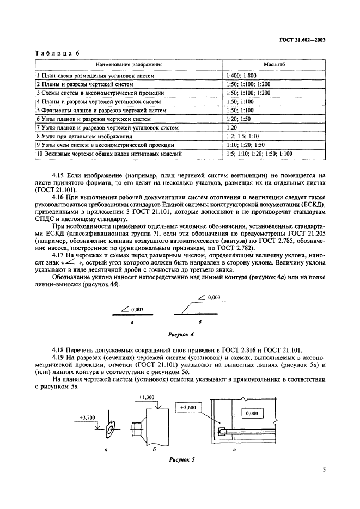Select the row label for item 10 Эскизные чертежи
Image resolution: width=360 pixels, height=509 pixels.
[109, 154]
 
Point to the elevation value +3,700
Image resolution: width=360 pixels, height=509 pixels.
[87, 417]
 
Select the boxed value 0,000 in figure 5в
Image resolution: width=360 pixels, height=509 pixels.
[251, 414]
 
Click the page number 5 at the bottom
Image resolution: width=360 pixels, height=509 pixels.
[324, 483]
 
